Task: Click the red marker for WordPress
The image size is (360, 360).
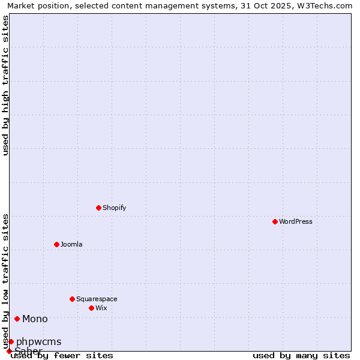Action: (275, 221)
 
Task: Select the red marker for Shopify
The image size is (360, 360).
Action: (99, 208)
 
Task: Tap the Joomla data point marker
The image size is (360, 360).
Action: (57, 244)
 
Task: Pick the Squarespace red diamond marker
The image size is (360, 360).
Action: (73, 299)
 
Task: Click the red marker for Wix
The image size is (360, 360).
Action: (92, 308)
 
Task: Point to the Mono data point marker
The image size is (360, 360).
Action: (17, 319)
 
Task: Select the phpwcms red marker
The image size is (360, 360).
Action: (11, 341)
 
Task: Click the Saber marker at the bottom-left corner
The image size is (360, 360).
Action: (9, 351)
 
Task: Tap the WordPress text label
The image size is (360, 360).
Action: (296, 221)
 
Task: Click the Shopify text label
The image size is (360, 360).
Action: (115, 208)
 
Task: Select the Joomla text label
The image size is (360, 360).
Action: (71, 244)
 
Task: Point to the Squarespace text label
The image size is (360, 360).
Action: (97, 299)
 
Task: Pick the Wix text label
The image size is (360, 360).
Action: (101, 308)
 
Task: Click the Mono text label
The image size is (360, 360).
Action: (35, 319)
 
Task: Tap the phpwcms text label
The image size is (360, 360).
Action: (38, 341)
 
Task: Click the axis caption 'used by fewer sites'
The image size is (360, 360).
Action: (62, 355)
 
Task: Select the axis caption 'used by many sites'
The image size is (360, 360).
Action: (301, 355)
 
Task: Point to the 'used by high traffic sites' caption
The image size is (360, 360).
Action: (5, 85)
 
